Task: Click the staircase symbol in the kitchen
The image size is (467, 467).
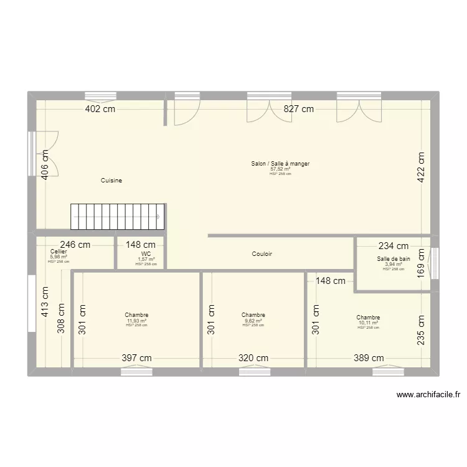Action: coord(118,217)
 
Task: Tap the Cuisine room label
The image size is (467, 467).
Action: coord(111,181)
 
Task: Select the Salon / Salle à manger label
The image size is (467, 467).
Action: coord(280,164)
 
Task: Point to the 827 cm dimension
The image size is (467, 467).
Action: coord(299,109)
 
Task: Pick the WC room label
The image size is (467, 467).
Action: coord(146,254)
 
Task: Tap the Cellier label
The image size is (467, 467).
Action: coord(59,252)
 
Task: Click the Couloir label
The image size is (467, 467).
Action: coord(262,254)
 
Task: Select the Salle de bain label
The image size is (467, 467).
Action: coord(394,258)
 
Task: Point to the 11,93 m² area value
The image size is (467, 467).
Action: coord(136,321)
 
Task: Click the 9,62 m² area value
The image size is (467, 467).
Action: coord(253,321)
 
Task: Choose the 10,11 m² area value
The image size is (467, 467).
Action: coord(368,323)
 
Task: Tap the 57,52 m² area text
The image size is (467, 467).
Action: coord(280,169)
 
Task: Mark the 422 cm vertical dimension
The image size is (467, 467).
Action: coord(421,167)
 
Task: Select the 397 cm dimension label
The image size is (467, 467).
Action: coord(136,358)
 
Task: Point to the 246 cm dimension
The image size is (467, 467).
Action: coord(75,245)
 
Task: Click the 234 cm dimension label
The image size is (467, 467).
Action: coord(394,247)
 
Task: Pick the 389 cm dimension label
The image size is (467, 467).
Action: coord(369,358)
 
